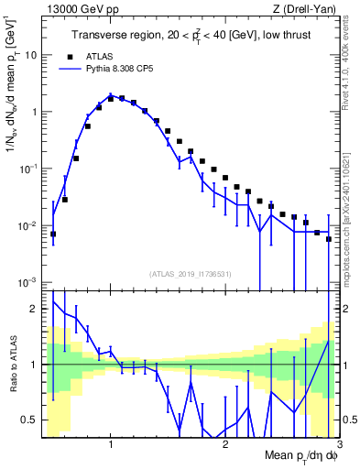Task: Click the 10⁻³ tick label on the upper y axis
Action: click(x=28, y=283)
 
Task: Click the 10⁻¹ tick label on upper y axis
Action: click(x=28, y=169)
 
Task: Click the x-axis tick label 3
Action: click(x=339, y=445)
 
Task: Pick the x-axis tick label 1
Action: click(x=111, y=445)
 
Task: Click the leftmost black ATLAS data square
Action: click(x=53, y=234)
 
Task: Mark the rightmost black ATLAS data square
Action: click(x=329, y=239)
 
